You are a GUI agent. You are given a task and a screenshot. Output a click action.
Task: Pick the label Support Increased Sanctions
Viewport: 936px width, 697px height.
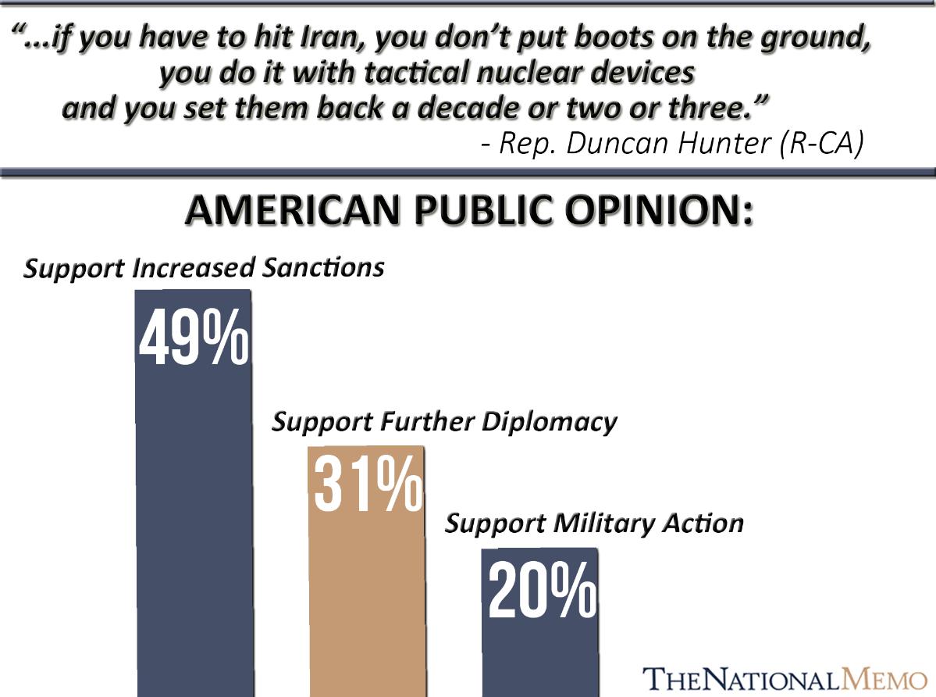(x=204, y=268)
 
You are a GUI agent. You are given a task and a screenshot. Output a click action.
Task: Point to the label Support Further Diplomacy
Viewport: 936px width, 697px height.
(x=444, y=422)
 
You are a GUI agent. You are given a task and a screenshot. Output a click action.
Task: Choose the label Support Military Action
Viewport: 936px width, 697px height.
(x=594, y=523)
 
